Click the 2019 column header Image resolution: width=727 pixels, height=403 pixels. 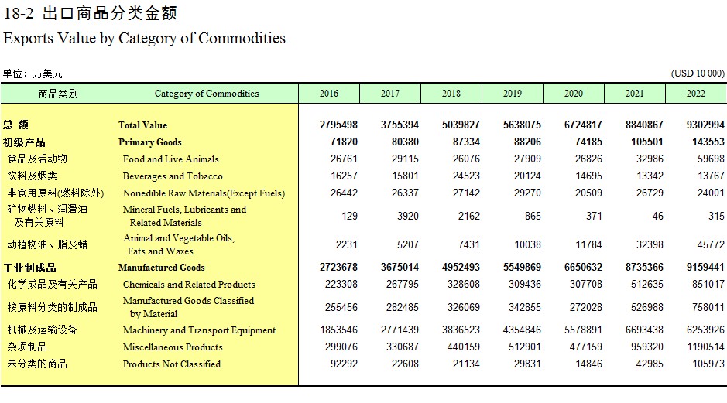point(513,94)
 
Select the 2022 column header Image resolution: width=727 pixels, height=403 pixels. point(696,94)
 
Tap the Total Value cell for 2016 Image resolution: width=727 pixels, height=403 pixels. point(338,125)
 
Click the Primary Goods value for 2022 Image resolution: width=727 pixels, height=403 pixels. point(705,142)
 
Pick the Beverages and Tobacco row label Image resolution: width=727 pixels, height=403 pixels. point(173,176)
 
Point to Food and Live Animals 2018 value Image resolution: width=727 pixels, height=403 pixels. point(466,159)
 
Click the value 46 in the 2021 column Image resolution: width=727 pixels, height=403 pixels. point(657,217)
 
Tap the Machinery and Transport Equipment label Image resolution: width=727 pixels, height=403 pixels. point(200,330)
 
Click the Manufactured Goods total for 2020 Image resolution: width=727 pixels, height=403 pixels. point(583,268)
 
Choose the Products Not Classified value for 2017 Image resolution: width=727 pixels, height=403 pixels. point(405,364)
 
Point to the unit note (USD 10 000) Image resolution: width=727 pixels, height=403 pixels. point(698,73)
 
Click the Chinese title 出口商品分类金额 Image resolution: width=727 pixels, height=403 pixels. point(110,13)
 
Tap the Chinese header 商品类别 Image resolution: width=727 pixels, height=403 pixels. point(58,94)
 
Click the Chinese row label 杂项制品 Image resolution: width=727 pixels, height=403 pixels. point(27,347)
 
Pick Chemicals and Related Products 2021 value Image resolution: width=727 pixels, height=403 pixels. point(646,285)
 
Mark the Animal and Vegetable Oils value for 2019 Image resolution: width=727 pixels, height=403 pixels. point(527,244)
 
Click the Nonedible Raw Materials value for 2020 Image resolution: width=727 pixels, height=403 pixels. point(588,193)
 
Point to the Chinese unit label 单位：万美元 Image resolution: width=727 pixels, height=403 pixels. point(33,73)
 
